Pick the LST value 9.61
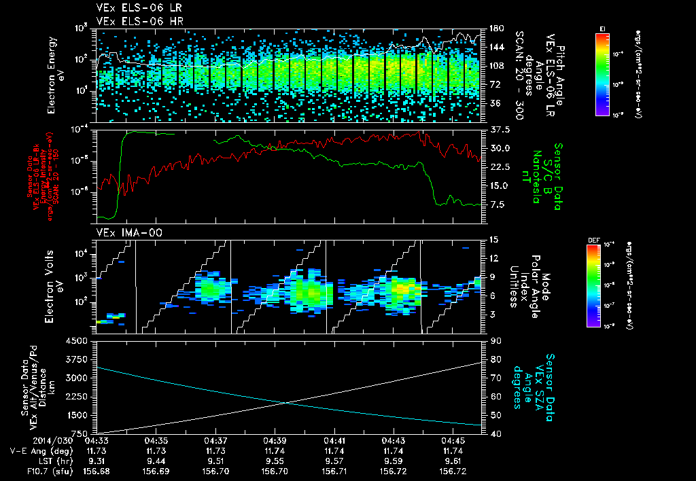(453, 460)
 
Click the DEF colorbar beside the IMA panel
(593, 285)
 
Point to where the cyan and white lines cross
(286, 403)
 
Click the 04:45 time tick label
(453, 440)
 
